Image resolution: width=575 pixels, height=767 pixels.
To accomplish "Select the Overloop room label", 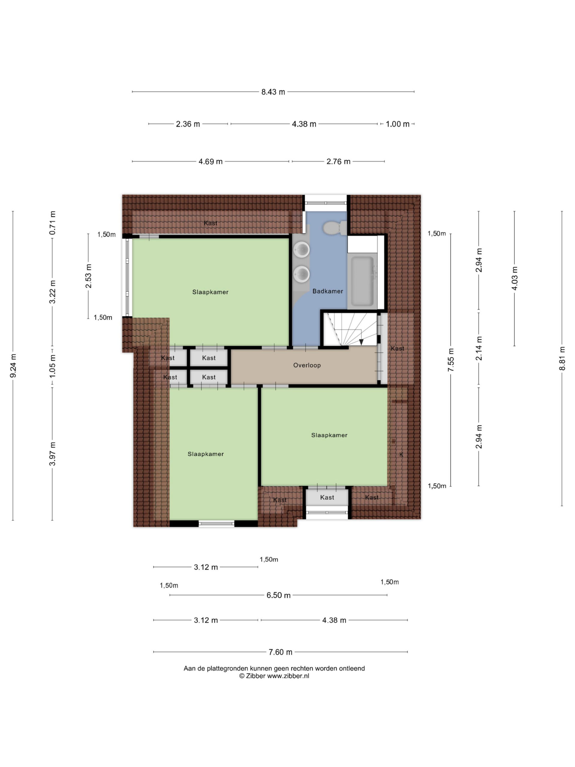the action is click(307, 365).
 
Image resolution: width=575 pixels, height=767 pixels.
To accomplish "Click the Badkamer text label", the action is click(328, 291).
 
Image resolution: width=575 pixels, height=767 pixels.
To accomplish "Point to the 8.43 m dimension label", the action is click(273, 92).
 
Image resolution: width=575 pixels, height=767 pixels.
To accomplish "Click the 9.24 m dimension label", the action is click(13, 366).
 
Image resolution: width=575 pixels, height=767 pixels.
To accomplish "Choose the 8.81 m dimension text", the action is click(562, 358).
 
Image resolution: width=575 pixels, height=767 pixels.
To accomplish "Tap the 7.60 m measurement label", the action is click(280, 652).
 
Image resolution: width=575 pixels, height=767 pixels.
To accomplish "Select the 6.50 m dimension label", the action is click(278, 595).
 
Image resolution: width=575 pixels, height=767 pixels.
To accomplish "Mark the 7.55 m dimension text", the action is click(451, 360).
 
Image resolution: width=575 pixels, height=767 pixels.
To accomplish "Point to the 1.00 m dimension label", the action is click(397, 124).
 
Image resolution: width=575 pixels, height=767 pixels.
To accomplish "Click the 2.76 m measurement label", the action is click(338, 161).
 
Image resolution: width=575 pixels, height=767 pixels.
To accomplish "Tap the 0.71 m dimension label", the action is click(52, 223).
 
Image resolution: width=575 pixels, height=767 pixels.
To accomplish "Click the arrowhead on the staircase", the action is click(361, 342).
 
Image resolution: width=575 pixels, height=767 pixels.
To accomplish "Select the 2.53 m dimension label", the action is click(88, 276).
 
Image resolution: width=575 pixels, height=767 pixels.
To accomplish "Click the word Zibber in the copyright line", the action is click(255, 675).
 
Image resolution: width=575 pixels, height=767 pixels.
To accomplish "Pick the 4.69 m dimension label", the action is click(210, 161).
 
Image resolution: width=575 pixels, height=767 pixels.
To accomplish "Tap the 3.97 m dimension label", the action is click(52, 454).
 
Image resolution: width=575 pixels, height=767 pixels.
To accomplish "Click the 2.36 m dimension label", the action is click(188, 124).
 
